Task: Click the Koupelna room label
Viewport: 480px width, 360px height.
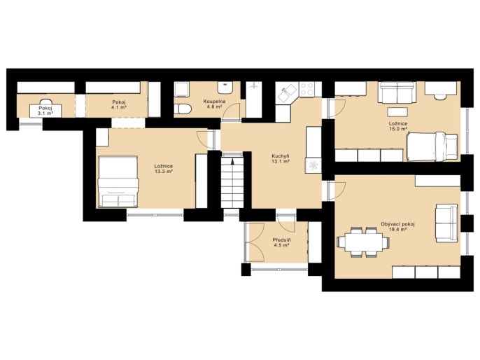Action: coord(214,102)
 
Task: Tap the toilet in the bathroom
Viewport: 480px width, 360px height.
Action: coord(183,109)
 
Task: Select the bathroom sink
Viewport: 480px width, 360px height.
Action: coord(225,88)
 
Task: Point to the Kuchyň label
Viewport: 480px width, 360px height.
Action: coord(281,156)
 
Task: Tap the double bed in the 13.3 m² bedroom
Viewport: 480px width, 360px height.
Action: coord(118,181)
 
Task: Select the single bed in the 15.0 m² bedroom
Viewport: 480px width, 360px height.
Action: coord(432,146)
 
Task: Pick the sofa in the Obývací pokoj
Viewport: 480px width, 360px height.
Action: coord(446,223)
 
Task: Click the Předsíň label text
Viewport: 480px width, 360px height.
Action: coord(281,240)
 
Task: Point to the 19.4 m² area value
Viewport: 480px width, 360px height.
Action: coord(397,229)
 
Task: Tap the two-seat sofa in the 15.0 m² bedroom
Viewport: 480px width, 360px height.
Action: coord(397,92)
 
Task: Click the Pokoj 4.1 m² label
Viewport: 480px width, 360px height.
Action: coord(119,105)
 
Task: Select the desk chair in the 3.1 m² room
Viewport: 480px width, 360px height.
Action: coord(45,102)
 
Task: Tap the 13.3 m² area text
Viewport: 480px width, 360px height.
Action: coord(164,172)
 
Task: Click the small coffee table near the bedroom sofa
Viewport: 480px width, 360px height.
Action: coord(397,112)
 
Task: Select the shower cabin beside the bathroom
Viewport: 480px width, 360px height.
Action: coord(254,99)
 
